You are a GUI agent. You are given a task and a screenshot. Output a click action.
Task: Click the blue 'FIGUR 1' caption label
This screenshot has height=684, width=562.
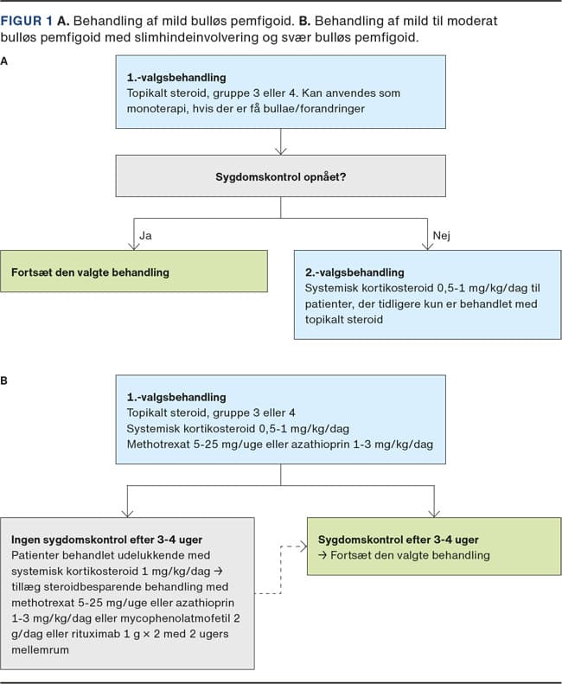[27, 21]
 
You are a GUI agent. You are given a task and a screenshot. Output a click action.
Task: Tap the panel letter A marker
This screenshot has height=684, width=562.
[4, 61]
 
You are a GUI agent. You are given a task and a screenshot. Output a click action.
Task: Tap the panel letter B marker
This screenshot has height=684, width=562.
[4, 380]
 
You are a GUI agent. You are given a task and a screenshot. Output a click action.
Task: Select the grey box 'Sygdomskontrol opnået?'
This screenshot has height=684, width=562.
[280, 176]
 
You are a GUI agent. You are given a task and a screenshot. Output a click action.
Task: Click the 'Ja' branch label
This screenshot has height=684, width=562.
[145, 235]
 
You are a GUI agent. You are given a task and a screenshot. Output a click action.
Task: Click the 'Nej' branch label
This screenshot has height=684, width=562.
[441, 235]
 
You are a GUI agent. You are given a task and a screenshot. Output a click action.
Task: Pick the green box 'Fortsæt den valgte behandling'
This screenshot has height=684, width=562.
[134, 272]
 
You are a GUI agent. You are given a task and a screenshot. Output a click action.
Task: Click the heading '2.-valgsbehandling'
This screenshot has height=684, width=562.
[354, 272]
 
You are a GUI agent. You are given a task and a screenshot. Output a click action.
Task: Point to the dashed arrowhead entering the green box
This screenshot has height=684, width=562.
[303, 547]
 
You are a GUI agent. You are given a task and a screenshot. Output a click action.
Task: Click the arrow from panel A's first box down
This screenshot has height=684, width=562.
[280, 141]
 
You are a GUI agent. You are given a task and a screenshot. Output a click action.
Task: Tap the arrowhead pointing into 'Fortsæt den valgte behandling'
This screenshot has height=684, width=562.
[134, 246]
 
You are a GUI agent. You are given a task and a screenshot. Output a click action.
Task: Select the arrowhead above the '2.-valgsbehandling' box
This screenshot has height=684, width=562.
[428, 246]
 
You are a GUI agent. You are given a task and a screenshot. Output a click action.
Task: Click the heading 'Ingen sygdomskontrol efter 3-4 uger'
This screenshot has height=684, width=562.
[107, 540]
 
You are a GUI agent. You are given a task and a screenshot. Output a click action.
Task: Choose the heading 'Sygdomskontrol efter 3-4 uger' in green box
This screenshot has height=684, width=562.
[399, 540]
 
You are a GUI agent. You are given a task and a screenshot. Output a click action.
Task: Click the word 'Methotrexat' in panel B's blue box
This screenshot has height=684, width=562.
[158, 444]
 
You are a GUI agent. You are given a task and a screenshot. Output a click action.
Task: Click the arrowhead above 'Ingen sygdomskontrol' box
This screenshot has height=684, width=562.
[127, 513]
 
